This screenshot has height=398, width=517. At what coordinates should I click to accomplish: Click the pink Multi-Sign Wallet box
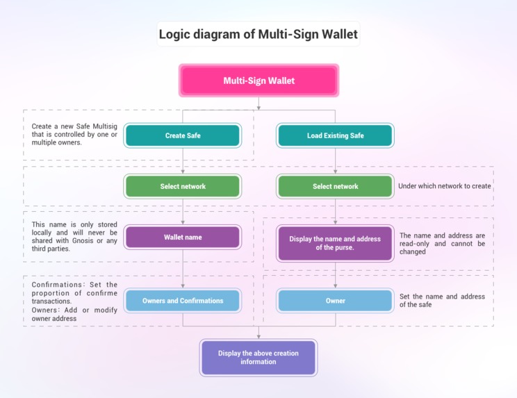click(258, 81)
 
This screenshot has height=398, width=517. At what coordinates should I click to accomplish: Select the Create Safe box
click(183, 135)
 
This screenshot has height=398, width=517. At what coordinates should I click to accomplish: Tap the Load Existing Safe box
click(335, 135)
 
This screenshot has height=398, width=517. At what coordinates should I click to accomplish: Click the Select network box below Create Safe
click(183, 186)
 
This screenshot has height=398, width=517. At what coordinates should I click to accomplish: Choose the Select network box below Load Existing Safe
click(335, 186)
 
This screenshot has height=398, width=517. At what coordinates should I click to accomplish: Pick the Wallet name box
click(183, 237)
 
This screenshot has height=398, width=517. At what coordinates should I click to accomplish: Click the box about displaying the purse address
click(335, 243)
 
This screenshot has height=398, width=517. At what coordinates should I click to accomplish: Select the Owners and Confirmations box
click(183, 301)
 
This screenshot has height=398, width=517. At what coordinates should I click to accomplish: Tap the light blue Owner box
click(335, 301)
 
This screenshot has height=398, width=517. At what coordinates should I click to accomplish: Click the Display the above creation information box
click(258, 357)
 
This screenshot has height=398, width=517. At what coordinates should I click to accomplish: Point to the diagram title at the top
click(258, 33)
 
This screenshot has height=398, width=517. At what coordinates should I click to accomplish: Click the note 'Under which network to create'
click(445, 186)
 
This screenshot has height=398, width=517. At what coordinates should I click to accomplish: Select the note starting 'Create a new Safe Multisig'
click(75, 134)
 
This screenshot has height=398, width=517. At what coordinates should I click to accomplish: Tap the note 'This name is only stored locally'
click(75, 236)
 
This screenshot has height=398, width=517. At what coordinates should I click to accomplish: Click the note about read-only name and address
click(443, 244)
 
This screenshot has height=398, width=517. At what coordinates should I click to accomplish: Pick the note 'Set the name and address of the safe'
click(443, 301)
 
